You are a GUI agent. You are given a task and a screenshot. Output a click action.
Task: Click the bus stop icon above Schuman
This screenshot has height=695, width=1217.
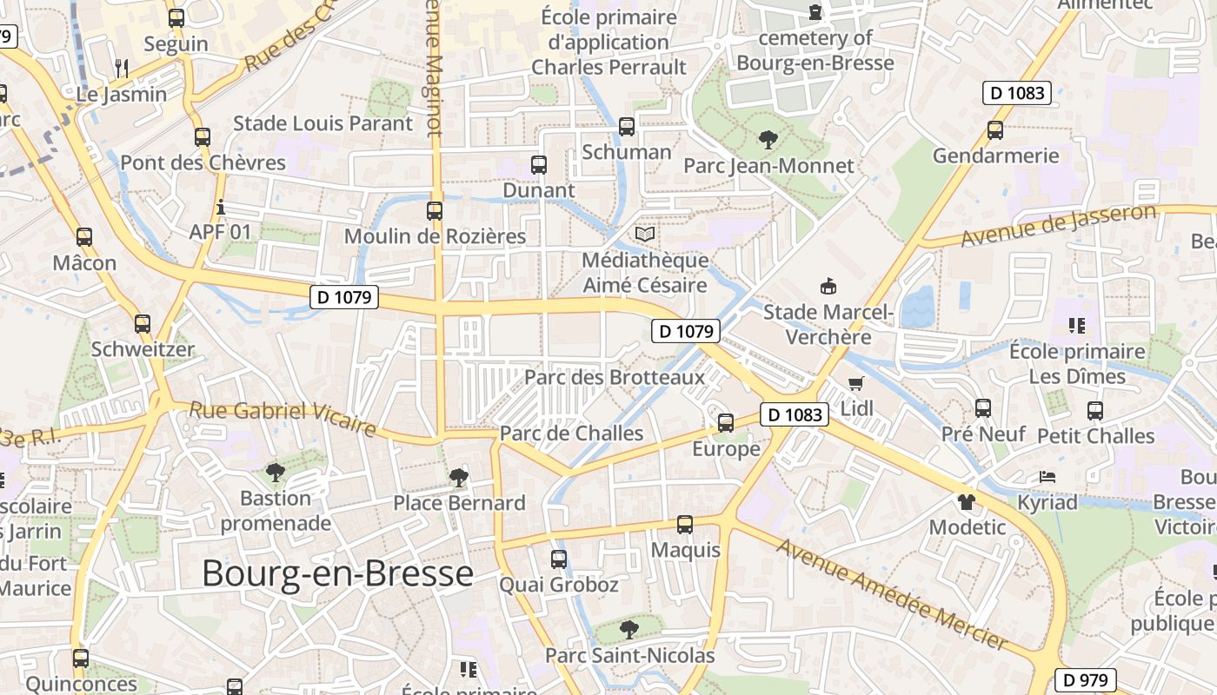click(626, 127)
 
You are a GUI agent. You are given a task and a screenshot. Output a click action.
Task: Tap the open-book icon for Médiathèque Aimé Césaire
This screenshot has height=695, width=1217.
click(644, 234)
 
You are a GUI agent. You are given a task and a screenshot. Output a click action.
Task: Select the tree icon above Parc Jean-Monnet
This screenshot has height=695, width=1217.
click(768, 139)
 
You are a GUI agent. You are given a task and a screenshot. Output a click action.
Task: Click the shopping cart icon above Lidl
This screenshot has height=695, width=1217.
click(856, 383)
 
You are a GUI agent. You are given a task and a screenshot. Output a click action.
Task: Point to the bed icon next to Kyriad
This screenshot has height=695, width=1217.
click(1047, 477)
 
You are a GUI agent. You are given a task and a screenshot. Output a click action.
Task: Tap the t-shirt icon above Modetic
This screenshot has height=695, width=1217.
click(966, 501)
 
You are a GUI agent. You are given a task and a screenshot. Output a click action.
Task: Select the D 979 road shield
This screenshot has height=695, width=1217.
click(1085, 679)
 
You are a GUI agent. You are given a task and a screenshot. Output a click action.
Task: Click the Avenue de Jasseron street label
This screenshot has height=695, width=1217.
click(1058, 225)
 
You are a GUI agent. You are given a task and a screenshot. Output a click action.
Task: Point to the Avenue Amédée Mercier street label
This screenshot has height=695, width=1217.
click(891, 594)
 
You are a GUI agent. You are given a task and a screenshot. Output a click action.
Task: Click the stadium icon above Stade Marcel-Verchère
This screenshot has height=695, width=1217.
click(828, 286)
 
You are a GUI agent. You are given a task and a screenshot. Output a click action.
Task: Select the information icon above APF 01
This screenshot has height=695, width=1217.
click(221, 208)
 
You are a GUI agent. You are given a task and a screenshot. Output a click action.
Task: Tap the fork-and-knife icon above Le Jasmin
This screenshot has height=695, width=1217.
click(122, 68)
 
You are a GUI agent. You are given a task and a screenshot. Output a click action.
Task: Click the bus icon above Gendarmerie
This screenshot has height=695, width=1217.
click(995, 130)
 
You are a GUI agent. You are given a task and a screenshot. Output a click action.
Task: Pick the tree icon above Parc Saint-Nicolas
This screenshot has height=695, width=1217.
click(628, 629)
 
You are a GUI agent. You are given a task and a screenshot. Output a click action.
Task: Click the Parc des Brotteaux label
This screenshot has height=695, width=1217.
click(615, 377)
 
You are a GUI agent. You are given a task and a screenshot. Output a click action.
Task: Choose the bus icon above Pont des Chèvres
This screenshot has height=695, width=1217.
click(203, 136)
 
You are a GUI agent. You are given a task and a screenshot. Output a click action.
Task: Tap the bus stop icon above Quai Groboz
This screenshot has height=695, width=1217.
click(559, 559)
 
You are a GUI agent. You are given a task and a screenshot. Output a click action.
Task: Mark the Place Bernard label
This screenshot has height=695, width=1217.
click(459, 502)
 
